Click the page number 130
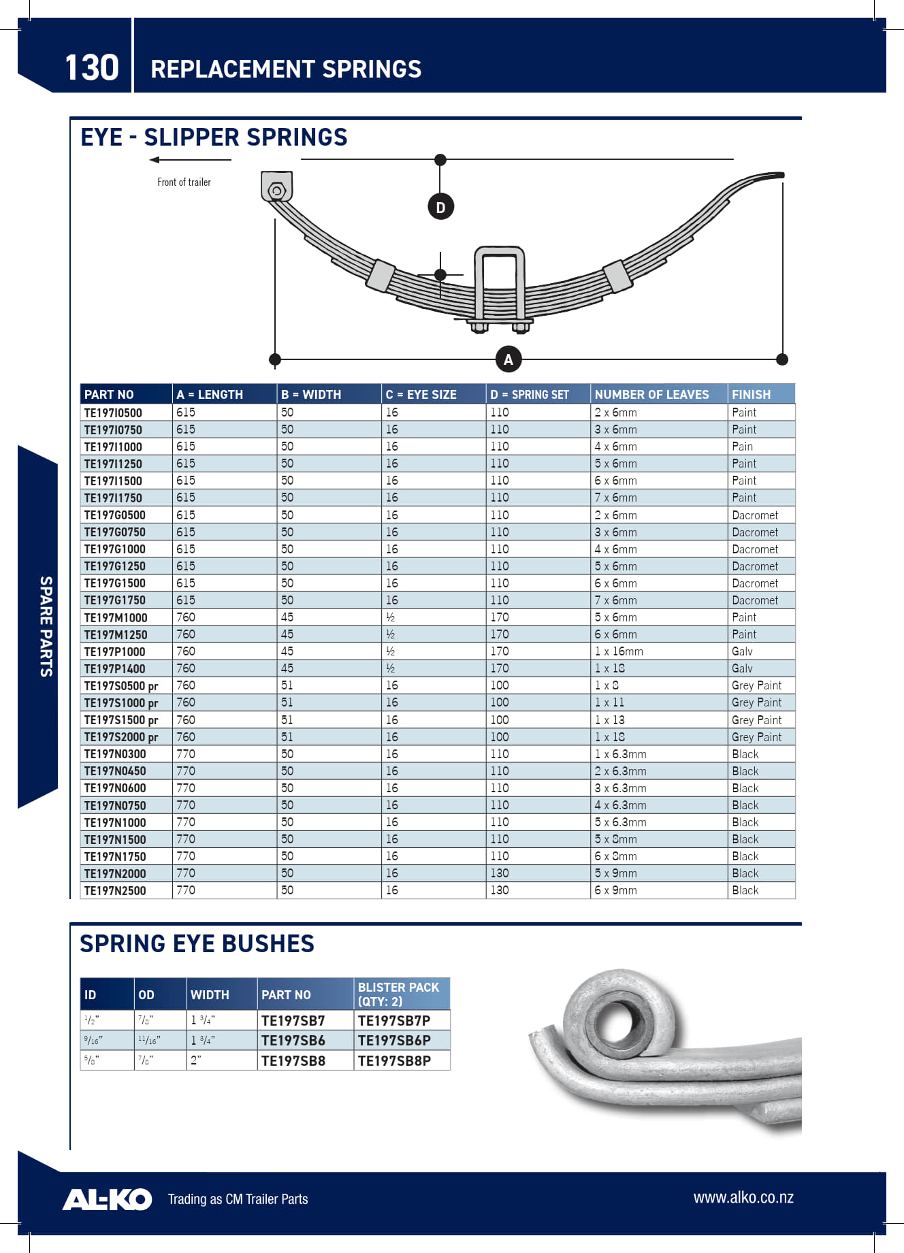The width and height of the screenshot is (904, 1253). coord(91,68)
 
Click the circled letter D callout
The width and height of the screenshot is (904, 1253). coord(440,207)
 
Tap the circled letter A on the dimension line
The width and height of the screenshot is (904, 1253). coord(508,359)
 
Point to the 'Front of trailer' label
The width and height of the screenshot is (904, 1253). coord(184,182)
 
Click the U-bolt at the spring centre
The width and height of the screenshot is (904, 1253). coord(500,286)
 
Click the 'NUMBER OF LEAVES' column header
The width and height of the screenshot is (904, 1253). coord(651,395)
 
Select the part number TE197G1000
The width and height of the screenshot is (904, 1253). coord(114,549)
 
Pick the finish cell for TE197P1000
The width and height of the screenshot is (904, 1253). coord(742,651)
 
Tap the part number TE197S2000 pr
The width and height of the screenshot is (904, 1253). coord(120,737)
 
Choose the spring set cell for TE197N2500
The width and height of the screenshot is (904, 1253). coord(499,890)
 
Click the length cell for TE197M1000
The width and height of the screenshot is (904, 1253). coord(185,617)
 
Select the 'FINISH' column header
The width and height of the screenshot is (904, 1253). coord(751,395)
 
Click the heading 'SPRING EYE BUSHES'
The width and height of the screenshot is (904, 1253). coord(197,944)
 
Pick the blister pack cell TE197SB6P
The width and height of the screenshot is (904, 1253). coord(394,1041)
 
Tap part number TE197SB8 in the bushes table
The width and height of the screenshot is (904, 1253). coord(293,1061)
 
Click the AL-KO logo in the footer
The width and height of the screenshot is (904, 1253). coord(107,1199)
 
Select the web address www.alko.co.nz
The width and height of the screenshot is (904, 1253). coord(743,1198)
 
